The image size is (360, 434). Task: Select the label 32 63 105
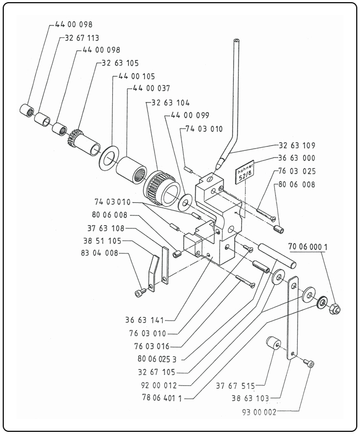[x=120, y=63]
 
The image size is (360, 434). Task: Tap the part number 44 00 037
[x=150, y=88]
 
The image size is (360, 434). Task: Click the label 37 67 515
[x=234, y=386]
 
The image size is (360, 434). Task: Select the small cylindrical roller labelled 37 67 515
[x=272, y=344]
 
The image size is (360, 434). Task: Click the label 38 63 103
[x=257, y=399]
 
